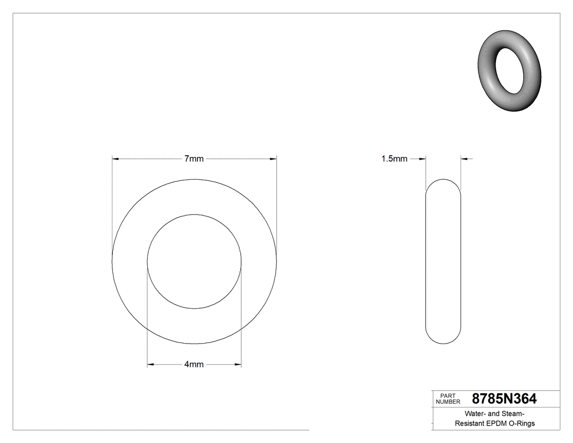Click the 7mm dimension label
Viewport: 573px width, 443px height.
[x=194, y=159]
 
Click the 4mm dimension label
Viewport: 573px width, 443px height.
[x=194, y=364]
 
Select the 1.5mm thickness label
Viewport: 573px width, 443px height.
[x=394, y=159]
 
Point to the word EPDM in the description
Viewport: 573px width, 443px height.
[x=497, y=423]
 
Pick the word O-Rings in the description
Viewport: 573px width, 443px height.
[x=522, y=423]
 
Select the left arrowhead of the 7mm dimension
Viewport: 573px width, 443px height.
[x=115, y=159]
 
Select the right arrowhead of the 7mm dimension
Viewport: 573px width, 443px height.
[x=273, y=159]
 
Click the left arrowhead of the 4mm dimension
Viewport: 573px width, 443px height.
[x=151, y=364]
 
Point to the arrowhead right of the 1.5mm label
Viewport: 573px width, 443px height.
[x=422, y=159]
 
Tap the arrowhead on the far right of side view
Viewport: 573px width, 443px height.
[x=464, y=159]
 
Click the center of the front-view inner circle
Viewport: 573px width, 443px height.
[x=194, y=261]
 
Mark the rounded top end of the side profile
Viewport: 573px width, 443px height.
[x=443, y=183]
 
